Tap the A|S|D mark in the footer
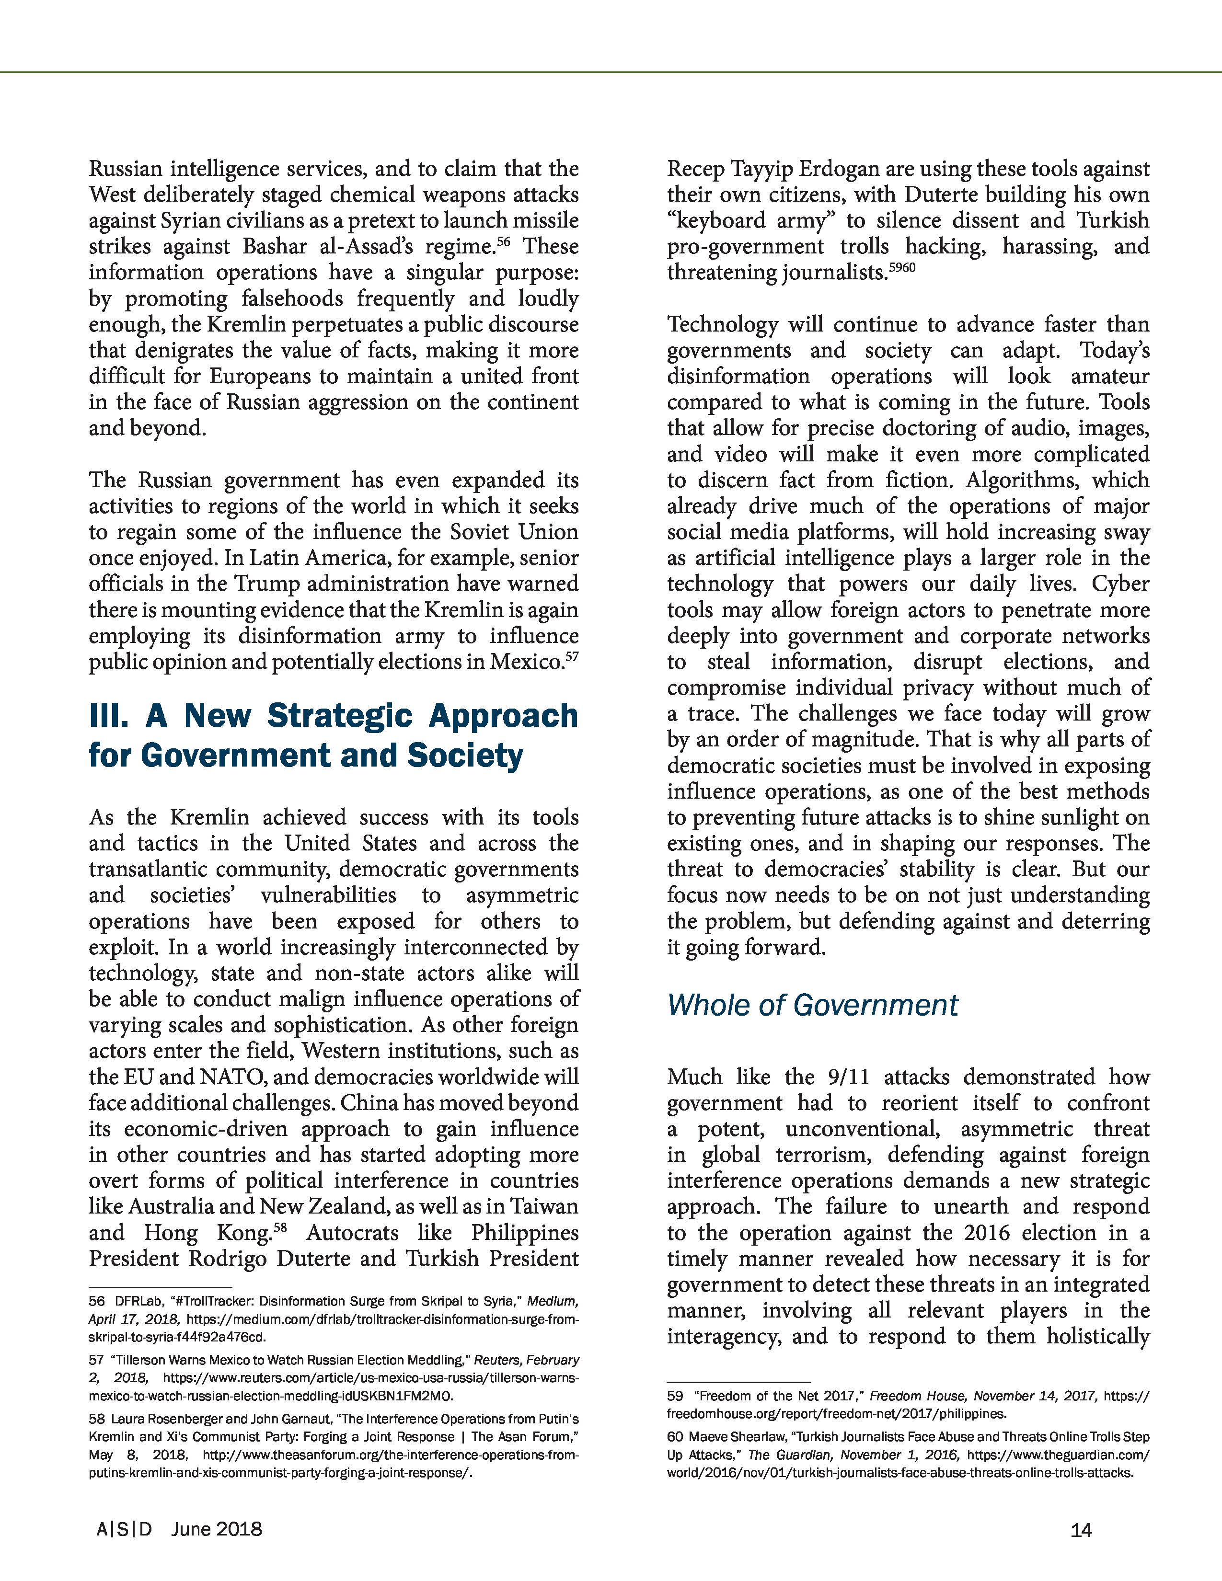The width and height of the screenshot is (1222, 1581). coord(125,1529)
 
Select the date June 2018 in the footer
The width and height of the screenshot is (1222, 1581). coord(217,1529)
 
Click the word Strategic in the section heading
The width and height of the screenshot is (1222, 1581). coord(340,716)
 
